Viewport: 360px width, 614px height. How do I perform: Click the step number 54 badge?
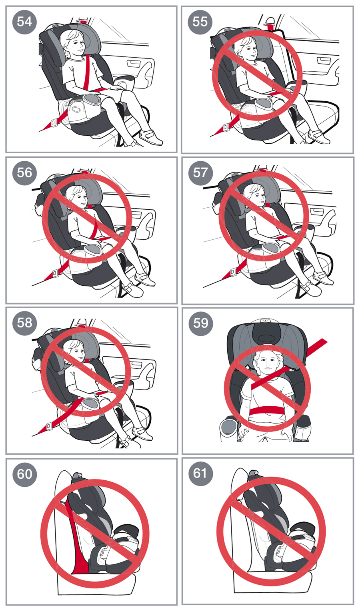[x=24, y=22]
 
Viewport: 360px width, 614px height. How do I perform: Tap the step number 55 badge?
[x=200, y=22]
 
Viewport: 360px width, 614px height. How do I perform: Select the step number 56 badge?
[x=24, y=173]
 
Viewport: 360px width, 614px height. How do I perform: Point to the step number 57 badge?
[x=200, y=173]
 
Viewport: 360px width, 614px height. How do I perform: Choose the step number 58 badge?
[x=24, y=323]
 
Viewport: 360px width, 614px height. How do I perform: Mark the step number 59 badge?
[x=200, y=323]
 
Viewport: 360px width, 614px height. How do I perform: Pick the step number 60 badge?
[x=24, y=474]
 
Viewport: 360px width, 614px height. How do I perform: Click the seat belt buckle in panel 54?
[x=54, y=122]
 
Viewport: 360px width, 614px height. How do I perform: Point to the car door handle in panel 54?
[x=134, y=64]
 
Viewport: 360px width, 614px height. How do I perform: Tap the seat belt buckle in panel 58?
[x=49, y=426]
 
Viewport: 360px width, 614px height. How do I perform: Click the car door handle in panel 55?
[x=323, y=60]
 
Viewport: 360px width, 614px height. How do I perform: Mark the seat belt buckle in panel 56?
[x=55, y=273]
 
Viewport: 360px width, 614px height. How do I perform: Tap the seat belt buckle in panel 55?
[x=226, y=127]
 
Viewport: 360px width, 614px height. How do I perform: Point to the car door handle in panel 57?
[x=316, y=212]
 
